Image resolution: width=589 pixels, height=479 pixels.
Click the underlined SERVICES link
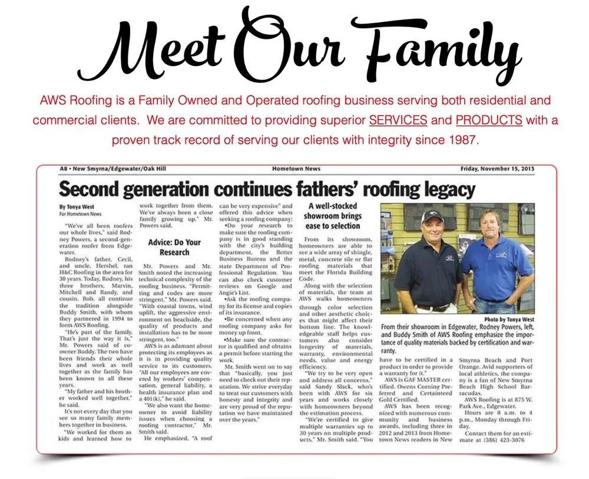click(398, 120)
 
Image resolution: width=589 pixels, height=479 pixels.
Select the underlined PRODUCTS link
click(489, 120)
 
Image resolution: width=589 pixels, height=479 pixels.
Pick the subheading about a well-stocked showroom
click(333, 216)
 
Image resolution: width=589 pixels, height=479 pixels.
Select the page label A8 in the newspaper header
click(64, 169)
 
